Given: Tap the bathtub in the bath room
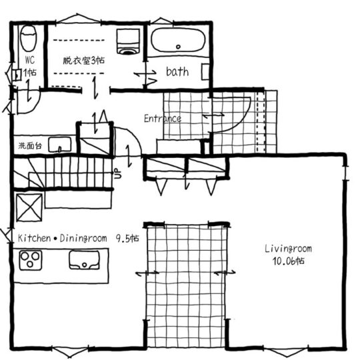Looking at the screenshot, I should click(x=178, y=40).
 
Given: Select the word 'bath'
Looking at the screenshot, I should click(x=177, y=71).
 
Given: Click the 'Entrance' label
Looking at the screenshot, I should click(x=163, y=119).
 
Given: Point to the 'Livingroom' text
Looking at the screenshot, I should click(x=287, y=249).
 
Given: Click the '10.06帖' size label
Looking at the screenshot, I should click(x=288, y=261).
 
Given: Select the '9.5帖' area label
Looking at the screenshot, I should click(x=127, y=237).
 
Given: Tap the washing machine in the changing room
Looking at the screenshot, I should click(x=127, y=41).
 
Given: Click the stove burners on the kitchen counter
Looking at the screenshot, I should click(x=31, y=259).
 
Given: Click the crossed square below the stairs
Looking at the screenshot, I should click(x=29, y=205).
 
